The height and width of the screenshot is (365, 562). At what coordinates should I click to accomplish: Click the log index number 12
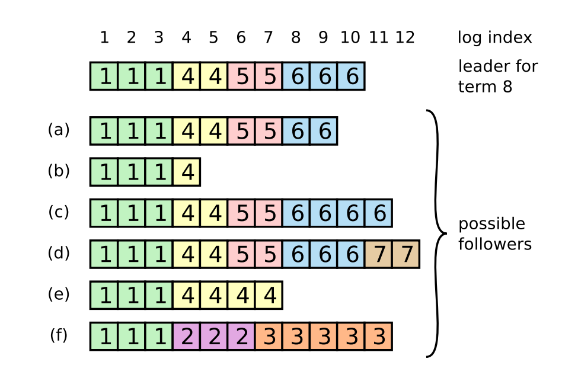point(405,38)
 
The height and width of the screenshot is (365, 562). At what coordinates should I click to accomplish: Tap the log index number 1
point(104,38)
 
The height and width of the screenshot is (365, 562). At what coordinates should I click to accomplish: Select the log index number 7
point(268,38)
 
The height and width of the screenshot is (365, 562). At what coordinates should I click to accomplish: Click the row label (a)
point(59,130)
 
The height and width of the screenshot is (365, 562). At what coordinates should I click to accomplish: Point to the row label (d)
point(59,253)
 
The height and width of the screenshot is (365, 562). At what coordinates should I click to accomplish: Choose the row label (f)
point(59,335)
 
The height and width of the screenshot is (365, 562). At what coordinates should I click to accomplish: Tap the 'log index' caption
point(494,38)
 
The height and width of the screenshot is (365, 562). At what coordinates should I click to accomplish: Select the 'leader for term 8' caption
point(497,76)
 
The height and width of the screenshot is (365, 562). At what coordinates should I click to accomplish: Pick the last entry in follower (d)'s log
point(406,254)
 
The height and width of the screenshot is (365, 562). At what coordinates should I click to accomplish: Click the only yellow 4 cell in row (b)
point(187,172)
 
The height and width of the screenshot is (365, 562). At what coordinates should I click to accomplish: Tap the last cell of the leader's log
point(351,76)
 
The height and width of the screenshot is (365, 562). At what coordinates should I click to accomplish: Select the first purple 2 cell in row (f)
point(187,337)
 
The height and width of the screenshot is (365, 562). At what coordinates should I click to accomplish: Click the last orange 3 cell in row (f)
point(378,337)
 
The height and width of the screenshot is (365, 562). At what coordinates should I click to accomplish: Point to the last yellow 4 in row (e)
point(269,295)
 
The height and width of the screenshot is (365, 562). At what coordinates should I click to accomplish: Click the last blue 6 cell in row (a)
point(324,131)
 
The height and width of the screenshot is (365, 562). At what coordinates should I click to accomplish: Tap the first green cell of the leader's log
point(104,76)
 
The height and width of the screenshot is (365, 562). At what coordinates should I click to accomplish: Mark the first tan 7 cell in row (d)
point(378,254)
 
